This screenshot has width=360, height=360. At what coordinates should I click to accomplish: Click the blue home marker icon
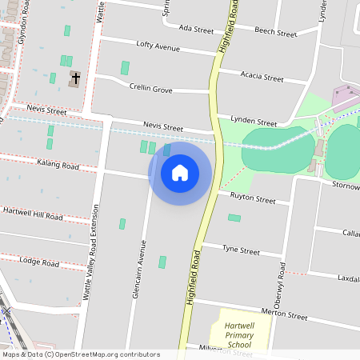pyautogui.click(x=180, y=173)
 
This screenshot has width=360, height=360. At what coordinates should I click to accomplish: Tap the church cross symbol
pyautogui.click(x=75, y=78)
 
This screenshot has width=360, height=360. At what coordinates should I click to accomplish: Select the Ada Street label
pyautogui.click(x=196, y=30)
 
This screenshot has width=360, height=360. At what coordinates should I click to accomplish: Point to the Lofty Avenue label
pyautogui.click(x=158, y=47)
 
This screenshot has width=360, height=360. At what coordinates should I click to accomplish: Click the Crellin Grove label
pyautogui.click(x=150, y=90)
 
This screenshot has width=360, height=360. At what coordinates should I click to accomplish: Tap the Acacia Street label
pyautogui.click(x=262, y=78)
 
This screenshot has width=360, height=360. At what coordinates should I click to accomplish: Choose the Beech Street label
pyautogui.click(x=275, y=33)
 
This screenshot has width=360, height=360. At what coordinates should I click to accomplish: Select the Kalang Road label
pyautogui.click(x=58, y=166)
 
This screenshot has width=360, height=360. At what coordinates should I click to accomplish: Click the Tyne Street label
pyautogui.click(x=241, y=250)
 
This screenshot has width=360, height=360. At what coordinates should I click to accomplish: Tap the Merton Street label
pyautogui.click(x=285, y=316)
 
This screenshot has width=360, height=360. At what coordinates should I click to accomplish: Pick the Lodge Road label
pyautogui.click(x=40, y=262)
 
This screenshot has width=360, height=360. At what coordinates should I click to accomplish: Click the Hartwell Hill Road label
pyautogui.click(x=33, y=214)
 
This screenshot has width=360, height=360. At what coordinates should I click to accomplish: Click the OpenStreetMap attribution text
pyautogui.click(x=80, y=354)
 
